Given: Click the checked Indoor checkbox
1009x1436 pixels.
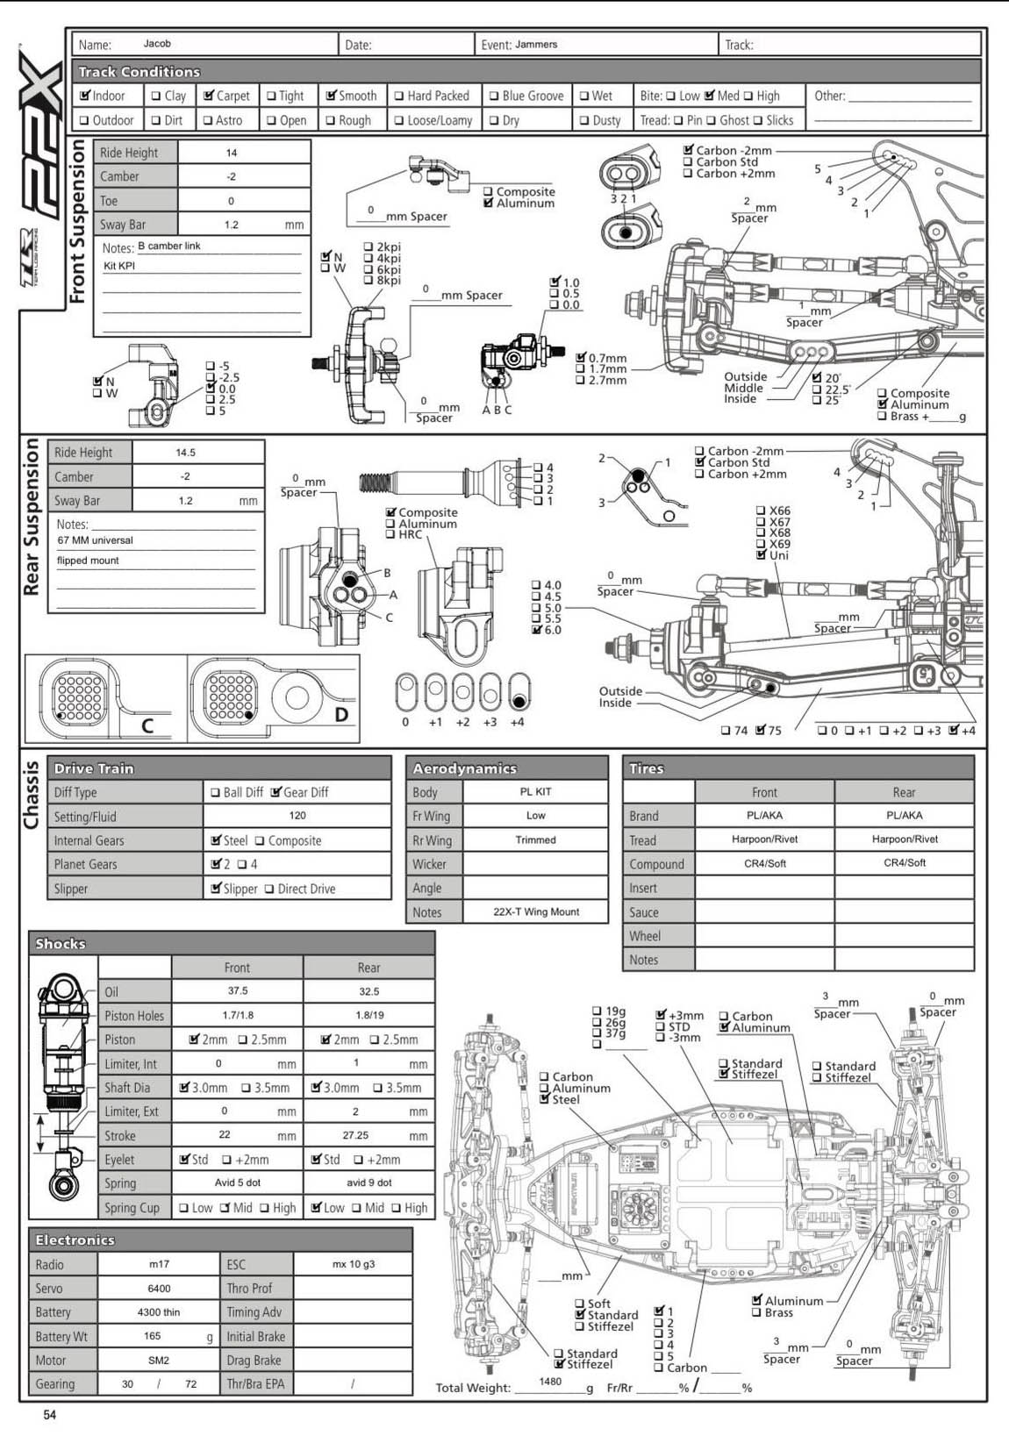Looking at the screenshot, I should point(85,96).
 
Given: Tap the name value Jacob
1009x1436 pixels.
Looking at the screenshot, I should point(157,44).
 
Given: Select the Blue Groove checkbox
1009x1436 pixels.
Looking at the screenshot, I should point(494,96).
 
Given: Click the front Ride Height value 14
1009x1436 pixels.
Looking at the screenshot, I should point(232,153).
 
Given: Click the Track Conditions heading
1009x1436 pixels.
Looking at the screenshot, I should point(139,72).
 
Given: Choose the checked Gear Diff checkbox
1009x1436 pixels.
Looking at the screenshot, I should point(276,792).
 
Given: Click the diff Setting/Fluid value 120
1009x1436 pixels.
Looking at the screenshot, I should point(297,816).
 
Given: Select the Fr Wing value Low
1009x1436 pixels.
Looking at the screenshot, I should point(535,816).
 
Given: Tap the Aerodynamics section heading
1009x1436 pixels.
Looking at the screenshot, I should point(464,768).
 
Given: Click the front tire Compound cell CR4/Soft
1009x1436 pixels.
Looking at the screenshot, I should point(764,864).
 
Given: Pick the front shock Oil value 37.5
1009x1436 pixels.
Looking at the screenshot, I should point(238,991).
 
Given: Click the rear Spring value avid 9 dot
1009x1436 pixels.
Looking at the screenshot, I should point(369,1183).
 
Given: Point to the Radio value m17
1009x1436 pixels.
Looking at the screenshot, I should point(159,1265).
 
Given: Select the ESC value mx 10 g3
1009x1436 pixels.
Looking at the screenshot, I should point(353,1265).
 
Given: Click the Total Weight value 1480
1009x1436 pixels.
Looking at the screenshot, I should point(550,1382).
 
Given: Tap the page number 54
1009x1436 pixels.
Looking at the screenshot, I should point(50,1415).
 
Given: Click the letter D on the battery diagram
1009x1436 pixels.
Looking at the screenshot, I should point(341,715).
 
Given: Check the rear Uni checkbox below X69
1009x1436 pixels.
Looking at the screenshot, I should point(761,555).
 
